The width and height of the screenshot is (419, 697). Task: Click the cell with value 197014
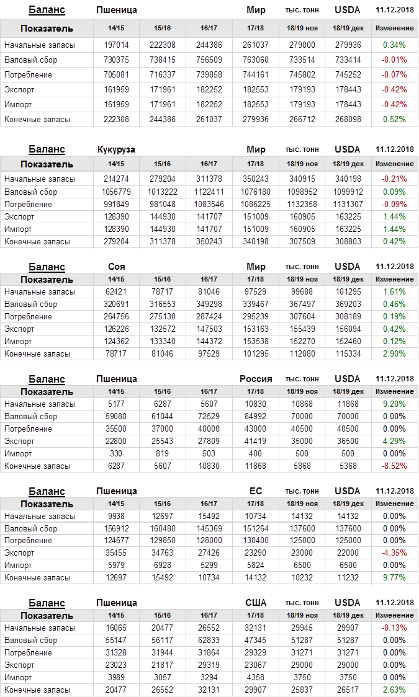pyautogui.click(x=115, y=45)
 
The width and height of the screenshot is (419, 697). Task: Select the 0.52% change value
pyautogui.click(x=395, y=120)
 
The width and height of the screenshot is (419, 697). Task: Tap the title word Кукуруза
pyautogui.click(x=116, y=149)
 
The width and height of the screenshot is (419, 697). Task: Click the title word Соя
pyautogui.click(x=116, y=267)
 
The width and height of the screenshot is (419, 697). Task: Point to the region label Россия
pyautogui.click(x=256, y=379)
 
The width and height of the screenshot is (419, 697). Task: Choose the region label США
pyautogui.click(x=256, y=603)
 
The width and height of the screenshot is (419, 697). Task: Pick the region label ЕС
pyautogui.click(x=256, y=491)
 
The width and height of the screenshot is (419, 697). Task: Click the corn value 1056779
pyautogui.click(x=115, y=192)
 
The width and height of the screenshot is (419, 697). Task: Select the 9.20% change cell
pyautogui.click(x=395, y=404)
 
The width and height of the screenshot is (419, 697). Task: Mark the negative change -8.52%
pyautogui.click(x=395, y=466)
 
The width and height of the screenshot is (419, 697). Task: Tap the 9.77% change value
pyautogui.click(x=395, y=578)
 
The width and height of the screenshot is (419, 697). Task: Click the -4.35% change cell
pyautogui.click(x=395, y=553)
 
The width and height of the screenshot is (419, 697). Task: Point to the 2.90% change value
pyautogui.click(x=395, y=354)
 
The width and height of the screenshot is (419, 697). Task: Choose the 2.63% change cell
pyautogui.click(x=395, y=690)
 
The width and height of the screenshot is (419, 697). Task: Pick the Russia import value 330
pyautogui.click(x=115, y=454)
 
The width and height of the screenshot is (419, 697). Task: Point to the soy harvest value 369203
pyautogui.click(x=348, y=304)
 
